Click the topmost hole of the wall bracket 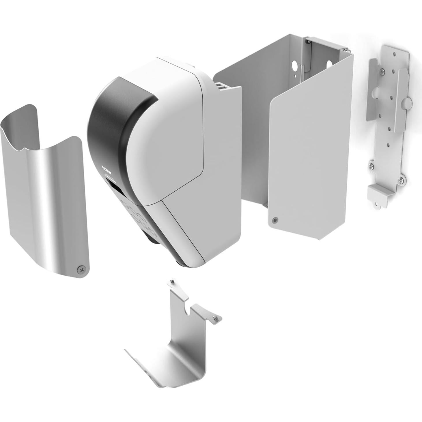pyautogui.click(x=393, y=54)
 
